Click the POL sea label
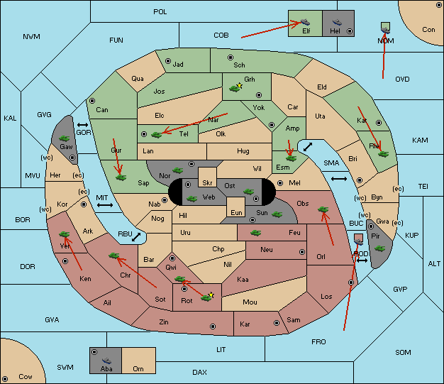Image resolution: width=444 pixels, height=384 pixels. coord(160,12)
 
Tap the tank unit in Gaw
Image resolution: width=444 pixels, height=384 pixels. coord(65,138)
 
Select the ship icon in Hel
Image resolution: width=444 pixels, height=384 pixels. coord(337,22)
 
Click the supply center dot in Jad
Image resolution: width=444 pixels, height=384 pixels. coord(168,61)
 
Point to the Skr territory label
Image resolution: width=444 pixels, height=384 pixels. coord(207,183)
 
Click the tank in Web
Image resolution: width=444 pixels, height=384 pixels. coord(192,199)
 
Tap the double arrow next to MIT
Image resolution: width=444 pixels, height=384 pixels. coord(105,205)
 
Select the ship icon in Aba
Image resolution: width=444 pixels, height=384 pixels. coord(107,360)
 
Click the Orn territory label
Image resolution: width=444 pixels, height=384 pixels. coord(138,368)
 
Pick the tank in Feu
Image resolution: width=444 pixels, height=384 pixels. coord(256,233)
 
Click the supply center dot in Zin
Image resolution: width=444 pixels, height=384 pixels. coord(213,327)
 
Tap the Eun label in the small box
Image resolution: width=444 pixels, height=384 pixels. coord(236,212)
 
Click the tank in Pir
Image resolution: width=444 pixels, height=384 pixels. coord(379,248)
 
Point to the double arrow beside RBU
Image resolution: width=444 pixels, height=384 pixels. coord(136,237)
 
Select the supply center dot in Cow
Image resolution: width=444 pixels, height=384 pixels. coord(5,379)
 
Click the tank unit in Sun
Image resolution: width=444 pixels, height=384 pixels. coord(277,214)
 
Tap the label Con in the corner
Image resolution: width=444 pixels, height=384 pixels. coord(428,30)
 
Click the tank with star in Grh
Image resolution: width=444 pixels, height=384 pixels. coord(235,88)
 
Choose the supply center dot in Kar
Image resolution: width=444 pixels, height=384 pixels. coord(277,323)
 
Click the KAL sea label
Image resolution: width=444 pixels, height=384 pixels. coord(10,118)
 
